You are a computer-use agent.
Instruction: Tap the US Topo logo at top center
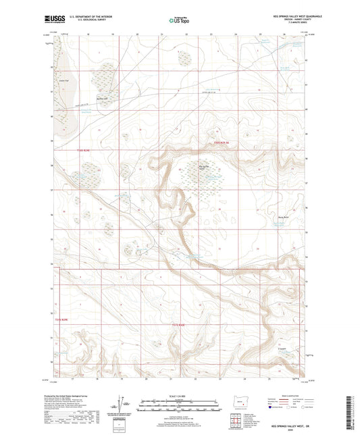click(x=179, y=21)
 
